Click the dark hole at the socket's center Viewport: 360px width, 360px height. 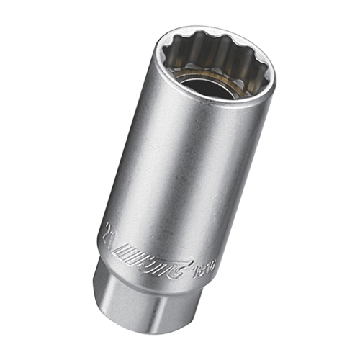pyautogui.click(x=208, y=86)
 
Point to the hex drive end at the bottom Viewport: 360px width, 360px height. pyautogui.click(x=137, y=302)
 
